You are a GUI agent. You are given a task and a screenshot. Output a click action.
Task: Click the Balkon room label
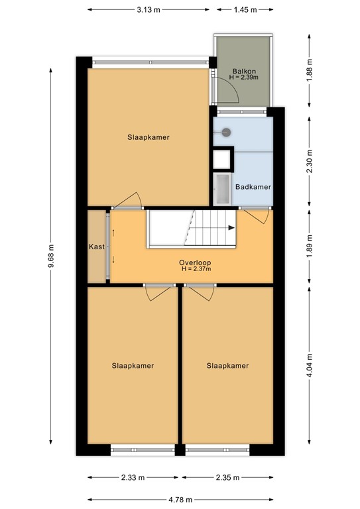click(x=244, y=71)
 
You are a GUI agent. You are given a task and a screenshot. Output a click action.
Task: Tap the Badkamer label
click(x=253, y=187)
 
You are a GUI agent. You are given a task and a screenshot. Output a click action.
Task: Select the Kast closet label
click(x=97, y=247)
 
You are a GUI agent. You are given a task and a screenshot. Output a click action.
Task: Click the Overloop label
click(x=195, y=262)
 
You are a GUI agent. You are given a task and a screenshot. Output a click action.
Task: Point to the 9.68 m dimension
click(x=50, y=256)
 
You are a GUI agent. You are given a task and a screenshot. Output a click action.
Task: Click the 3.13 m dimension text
click(x=149, y=10)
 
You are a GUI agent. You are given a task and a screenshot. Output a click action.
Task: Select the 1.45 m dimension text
click(x=245, y=10)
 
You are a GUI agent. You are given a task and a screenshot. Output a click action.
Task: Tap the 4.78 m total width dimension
click(x=180, y=500)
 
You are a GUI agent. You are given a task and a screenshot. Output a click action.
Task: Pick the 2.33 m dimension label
click(x=133, y=477)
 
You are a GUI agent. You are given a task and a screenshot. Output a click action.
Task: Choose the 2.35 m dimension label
click(x=227, y=477)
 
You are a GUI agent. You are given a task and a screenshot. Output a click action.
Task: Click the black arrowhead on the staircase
click(x=231, y=228)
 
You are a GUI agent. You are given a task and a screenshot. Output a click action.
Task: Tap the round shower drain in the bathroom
click(x=226, y=132)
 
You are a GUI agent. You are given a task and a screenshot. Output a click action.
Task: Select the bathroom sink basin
click(x=222, y=190)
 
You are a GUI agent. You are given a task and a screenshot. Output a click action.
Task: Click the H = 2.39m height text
click(x=244, y=78)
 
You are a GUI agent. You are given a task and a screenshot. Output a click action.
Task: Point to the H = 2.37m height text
click(x=196, y=269)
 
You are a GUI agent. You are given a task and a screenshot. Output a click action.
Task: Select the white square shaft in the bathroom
click(x=222, y=159)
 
